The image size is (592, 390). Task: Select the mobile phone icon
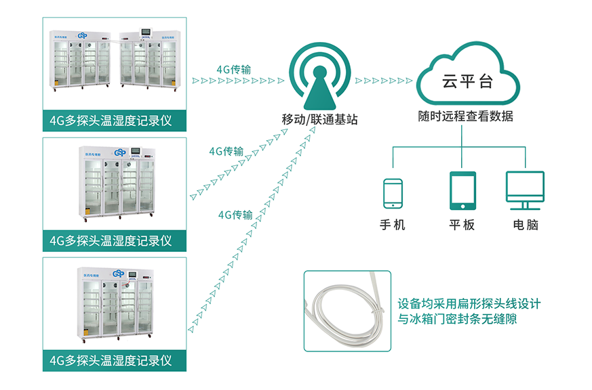[x=393, y=194]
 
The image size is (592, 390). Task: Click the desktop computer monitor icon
[x=525, y=189]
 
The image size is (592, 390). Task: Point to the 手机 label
[x=393, y=225]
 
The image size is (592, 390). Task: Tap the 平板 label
[x=461, y=225]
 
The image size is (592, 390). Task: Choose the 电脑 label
[x=526, y=225]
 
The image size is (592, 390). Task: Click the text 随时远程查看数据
[x=466, y=116]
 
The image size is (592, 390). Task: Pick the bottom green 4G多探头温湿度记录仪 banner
[x=115, y=359]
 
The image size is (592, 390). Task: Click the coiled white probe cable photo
[x=347, y=311]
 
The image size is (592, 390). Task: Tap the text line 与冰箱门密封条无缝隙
[x=458, y=318]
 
